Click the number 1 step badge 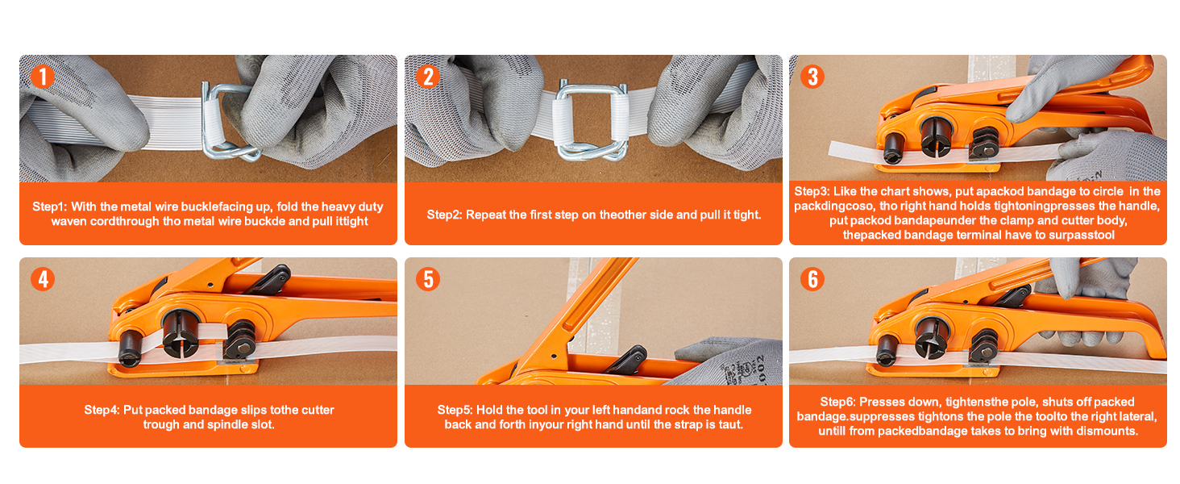(42, 77)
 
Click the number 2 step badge (428, 77)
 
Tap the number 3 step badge (812, 77)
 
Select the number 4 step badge (42, 279)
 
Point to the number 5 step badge (428, 279)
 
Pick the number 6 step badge (812, 279)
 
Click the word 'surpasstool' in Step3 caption (1085, 236)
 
